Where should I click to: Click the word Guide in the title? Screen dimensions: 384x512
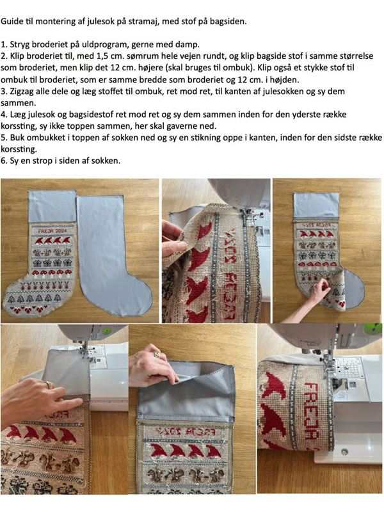click(10, 22)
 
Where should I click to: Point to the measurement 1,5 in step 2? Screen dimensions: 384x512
click(99, 56)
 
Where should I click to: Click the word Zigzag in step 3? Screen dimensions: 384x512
click(22, 92)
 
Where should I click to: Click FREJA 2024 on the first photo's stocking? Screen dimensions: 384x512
click(52, 231)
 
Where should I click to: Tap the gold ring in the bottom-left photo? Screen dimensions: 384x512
click(49, 385)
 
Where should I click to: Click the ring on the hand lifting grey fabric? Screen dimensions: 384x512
click(157, 355)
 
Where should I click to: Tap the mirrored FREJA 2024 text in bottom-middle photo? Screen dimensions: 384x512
click(184, 432)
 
